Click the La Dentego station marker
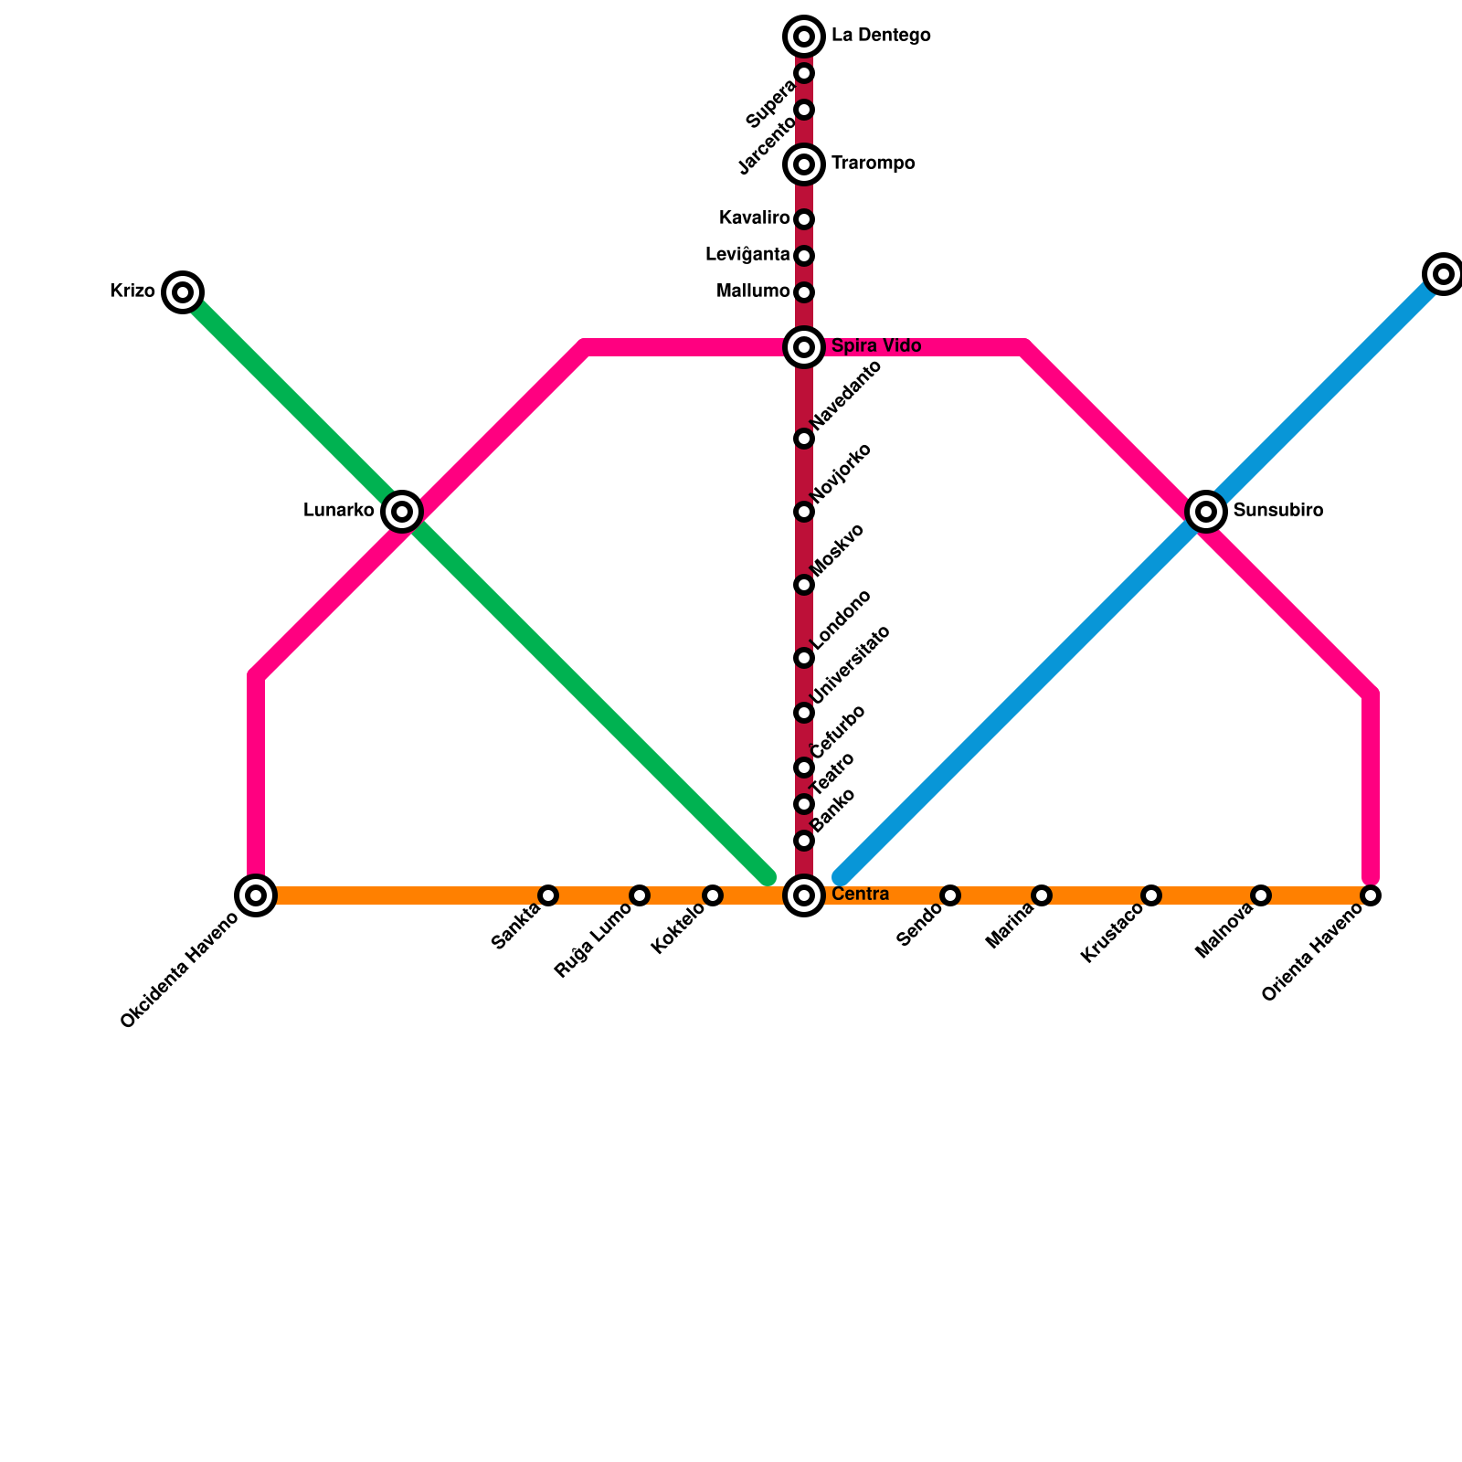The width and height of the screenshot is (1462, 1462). coord(804,37)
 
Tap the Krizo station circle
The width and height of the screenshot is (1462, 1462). coord(183,292)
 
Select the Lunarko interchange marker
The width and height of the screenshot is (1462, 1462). coord(402,512)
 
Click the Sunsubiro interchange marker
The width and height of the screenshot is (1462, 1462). coord(1206,512)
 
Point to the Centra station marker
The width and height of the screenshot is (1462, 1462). coord(804,895)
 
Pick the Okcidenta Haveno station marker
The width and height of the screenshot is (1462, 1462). coord(257,895)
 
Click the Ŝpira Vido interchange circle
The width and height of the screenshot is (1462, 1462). coord(804,347)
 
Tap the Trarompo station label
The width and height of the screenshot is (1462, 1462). coord(873,164)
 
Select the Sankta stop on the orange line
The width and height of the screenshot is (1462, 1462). coord(548,895)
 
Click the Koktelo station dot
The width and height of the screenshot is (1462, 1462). coord(713,895)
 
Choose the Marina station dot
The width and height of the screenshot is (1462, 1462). coord(1042,895)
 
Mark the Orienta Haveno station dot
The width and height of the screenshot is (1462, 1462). coord(1371,895)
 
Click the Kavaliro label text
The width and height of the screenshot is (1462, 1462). coord(754,218)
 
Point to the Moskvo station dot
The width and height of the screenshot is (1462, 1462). coord(804,585)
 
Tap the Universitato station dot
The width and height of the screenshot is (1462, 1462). coord(804,713)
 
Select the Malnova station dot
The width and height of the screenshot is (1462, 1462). coord(1261,895)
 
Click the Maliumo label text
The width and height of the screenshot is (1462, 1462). coord(753,291)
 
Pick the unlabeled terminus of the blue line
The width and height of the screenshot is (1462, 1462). coord(1444,273)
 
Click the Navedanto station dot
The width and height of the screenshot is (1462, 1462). coord(804,439)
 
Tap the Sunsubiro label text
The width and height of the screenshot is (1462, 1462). coord(1277,511)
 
